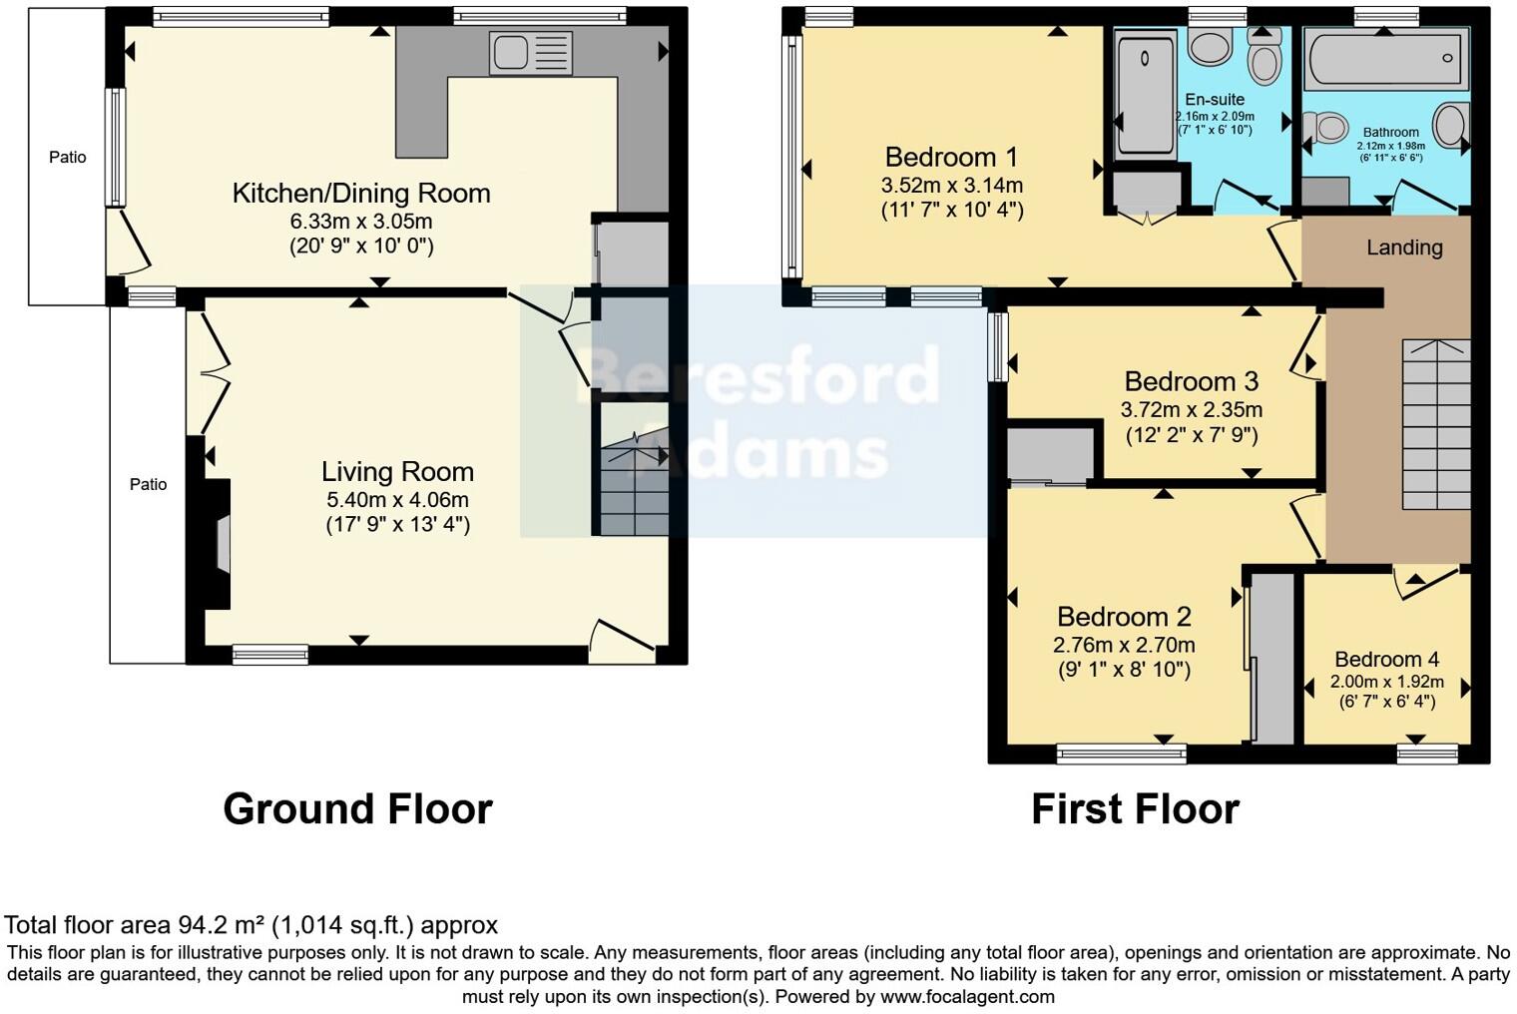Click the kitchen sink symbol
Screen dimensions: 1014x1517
[530, 53]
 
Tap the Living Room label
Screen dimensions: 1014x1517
[397, 472]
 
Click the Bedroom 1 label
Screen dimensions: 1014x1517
[951, 158]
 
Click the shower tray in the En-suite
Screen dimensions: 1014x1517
[1145, 95]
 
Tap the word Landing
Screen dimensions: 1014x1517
[1404, 248]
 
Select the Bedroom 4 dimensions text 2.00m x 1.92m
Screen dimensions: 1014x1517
[1386, 683]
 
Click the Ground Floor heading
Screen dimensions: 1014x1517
[357, 809]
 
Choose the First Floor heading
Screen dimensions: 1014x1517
[1135, 809]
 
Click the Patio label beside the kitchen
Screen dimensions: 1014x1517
[68, 158]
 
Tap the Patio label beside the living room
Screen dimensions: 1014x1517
[148, 485]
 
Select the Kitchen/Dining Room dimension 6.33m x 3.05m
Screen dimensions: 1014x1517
[361, 222]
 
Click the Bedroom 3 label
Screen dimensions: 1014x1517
[1191, 382]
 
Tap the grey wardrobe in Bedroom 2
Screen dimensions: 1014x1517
[1272, 659]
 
